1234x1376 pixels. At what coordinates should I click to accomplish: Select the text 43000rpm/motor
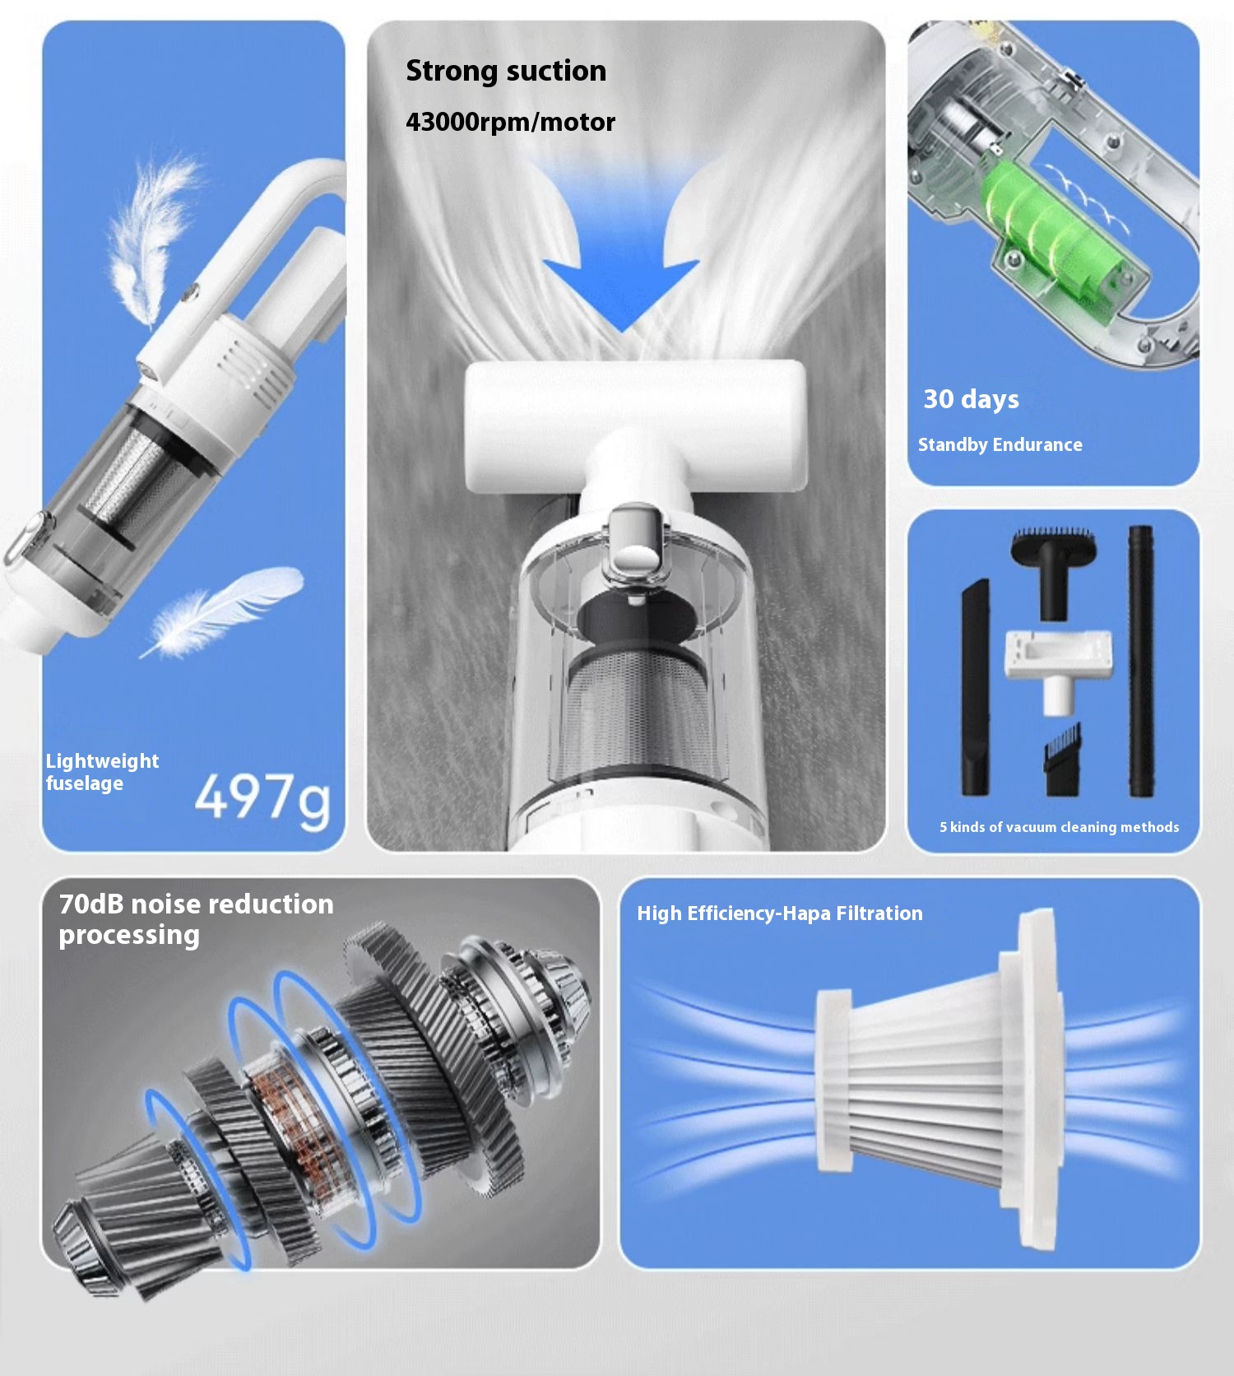pos(510,122)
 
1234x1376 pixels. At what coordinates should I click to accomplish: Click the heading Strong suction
pos(506,71)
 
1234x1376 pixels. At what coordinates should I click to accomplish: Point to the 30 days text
pos(971,399)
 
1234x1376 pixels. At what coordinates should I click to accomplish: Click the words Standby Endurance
pos(1000,444)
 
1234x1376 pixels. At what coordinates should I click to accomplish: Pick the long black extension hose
pos(1141,661)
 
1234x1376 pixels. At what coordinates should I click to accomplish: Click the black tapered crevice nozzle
pos(976,687)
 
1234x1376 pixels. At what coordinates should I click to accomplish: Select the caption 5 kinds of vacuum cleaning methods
pos(1060,827)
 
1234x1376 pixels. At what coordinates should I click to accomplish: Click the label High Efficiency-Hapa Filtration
pos(780,913)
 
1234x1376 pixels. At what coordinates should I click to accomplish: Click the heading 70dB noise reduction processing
pos(196,919)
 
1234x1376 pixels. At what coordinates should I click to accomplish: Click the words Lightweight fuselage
pos(102,772)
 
